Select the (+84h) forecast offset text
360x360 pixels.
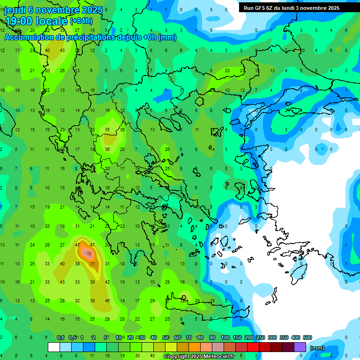[81, 21]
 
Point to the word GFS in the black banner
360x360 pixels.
[258, 8]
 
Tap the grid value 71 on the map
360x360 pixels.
[92, 264]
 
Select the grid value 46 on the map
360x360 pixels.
[107, 300]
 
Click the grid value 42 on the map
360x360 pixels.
[107, 282]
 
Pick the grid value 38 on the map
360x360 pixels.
[77, 264]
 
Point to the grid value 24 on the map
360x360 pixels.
[32, 245]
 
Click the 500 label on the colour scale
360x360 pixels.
[307, 338]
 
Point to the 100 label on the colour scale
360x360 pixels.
[225, 338]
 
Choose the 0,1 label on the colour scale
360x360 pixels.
[60, 338]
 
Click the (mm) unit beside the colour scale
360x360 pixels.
[317, 348]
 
